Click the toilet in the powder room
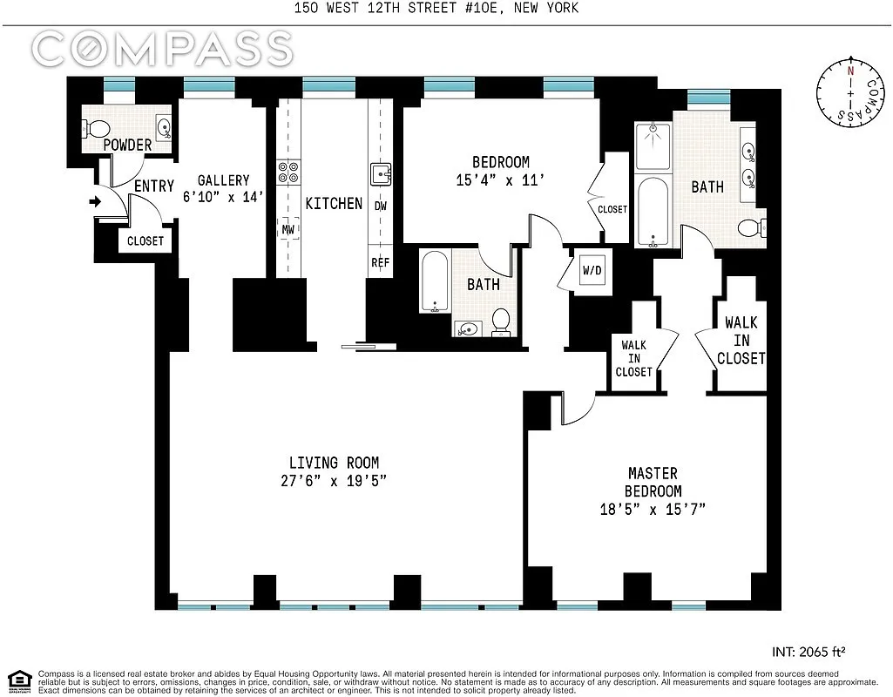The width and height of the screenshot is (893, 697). point(91,128)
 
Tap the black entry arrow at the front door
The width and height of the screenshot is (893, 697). point(95,202)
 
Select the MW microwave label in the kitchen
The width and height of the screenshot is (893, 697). point(287,230)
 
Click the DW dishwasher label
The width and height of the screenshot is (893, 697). point(381,206)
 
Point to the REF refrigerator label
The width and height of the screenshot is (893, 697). point(381,261)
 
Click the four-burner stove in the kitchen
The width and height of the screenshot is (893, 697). point(287,172)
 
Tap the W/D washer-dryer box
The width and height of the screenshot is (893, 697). point(592,270)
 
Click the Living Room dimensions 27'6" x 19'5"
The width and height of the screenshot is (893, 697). point(334,481)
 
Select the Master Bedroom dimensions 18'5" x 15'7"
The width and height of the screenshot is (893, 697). point(653,509)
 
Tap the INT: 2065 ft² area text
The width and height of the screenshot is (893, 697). point(809,651)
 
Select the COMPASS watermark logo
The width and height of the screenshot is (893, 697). point(162,50)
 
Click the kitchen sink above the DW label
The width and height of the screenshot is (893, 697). point(381,174)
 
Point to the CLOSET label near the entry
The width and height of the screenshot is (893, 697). point(145,241)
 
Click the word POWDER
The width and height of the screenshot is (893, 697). point(127,145)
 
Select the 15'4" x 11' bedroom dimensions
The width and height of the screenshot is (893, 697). point(500,181)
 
